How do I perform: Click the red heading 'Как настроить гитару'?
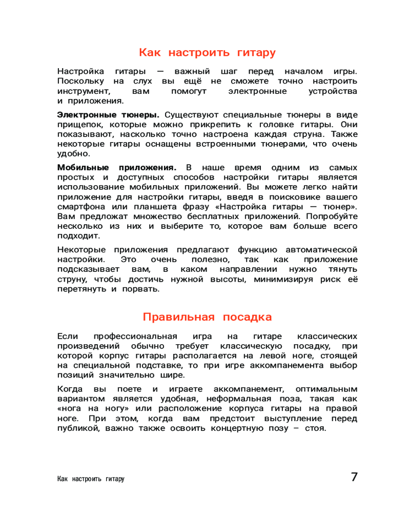tap(207, 53)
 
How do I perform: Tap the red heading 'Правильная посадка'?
tap(207, 317)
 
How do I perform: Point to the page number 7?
tap(354, 477)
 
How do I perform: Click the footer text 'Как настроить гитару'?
tap(91, 479)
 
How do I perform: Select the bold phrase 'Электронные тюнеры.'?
tap(108, 114)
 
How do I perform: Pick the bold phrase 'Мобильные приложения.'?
tap(117, 168)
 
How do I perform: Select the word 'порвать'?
tap(143, 289)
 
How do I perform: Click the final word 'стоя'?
tap(315, 428)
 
